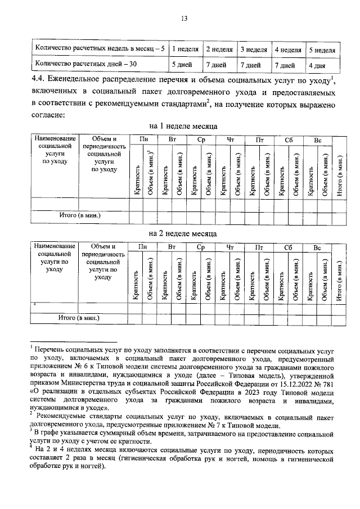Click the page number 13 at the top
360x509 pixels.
pos(183,18)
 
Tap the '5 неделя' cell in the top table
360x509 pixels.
pos(322,49)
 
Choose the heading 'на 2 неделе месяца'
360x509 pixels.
pos(183,233)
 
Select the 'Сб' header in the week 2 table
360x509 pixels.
pos(289,246)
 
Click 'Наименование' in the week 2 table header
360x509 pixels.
pos(55,246)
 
